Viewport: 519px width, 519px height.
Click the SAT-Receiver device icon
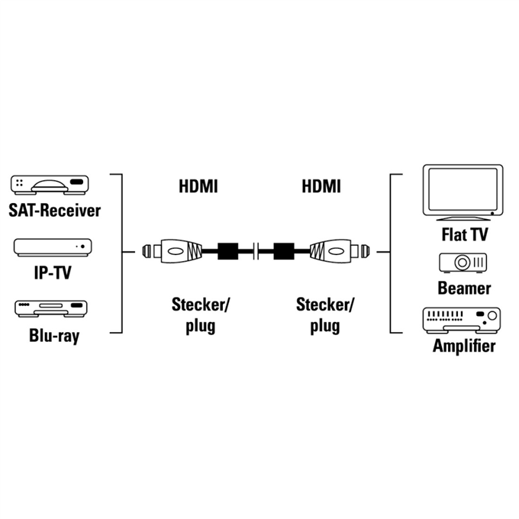click(50, 184)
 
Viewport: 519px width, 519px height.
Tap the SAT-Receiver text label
click(55, 211)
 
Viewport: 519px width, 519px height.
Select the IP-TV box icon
click(53, 247)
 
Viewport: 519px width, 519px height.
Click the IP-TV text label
click(53, 272)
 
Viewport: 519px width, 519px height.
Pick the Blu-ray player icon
click(51, 308)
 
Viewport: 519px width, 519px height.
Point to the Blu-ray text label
click(54, 336)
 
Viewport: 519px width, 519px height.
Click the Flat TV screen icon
click(463, 192)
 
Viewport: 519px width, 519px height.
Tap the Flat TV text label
click(465, 234)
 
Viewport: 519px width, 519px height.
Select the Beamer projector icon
click(463, 263)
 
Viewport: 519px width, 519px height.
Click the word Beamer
click(464, 288)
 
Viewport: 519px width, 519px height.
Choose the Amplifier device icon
click(462, 320)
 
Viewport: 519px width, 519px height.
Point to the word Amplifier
click(464, 347)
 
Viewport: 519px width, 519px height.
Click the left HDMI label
click(198, 186)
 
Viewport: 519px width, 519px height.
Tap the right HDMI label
click(321, 186)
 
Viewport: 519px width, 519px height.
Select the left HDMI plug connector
click(172, 252)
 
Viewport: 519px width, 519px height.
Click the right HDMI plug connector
click(340, 252)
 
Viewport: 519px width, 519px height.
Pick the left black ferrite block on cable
click(228, 252)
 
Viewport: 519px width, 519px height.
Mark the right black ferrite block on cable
click(284, 252)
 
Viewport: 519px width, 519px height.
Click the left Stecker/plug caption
click(200, 315)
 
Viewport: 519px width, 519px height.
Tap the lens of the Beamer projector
click(462, 263)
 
